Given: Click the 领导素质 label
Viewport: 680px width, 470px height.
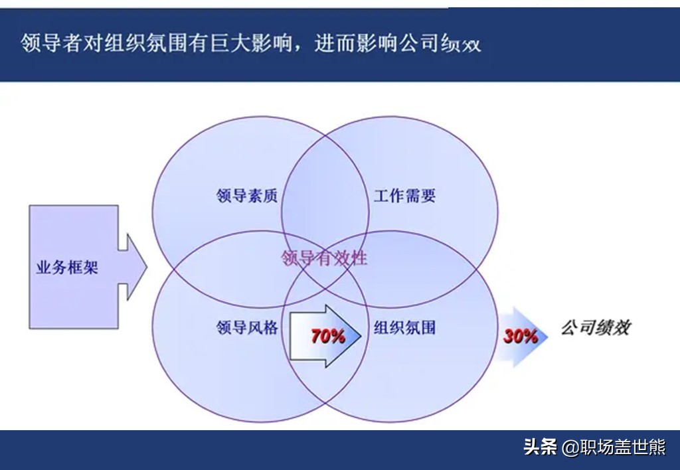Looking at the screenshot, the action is pyautogui.click(x=247, y=196).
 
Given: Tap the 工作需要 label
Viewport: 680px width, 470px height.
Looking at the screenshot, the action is pyautogui.click(x=404, y=196).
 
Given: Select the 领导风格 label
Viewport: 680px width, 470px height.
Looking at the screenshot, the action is pyautogui.click(x=247, y=327).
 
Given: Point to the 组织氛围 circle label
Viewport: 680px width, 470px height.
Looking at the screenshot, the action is pyautogui.click(x=404, y=327).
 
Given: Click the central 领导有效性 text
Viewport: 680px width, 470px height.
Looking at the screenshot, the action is pyautogui.click(x=324, y=258).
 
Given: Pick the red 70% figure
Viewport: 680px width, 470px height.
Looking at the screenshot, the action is pyautogui.click(x=328, y=336).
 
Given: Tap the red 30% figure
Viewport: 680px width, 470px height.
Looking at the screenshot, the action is pyautogui.click(x=520, y=336).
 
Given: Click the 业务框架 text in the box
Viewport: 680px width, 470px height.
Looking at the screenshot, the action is pyautogui.click(x=67, y=267).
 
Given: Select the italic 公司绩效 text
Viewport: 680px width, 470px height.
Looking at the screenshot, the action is pyautogui.click(x=596, y=327).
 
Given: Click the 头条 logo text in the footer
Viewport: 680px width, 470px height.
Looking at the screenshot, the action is pyautogui.click(x=540, y=447).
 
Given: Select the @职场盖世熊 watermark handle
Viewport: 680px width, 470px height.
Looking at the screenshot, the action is pyautogui.click(x=614, y=447).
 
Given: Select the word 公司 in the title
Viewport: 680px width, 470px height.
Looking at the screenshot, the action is pyautogui.click(x=420, y=43).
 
